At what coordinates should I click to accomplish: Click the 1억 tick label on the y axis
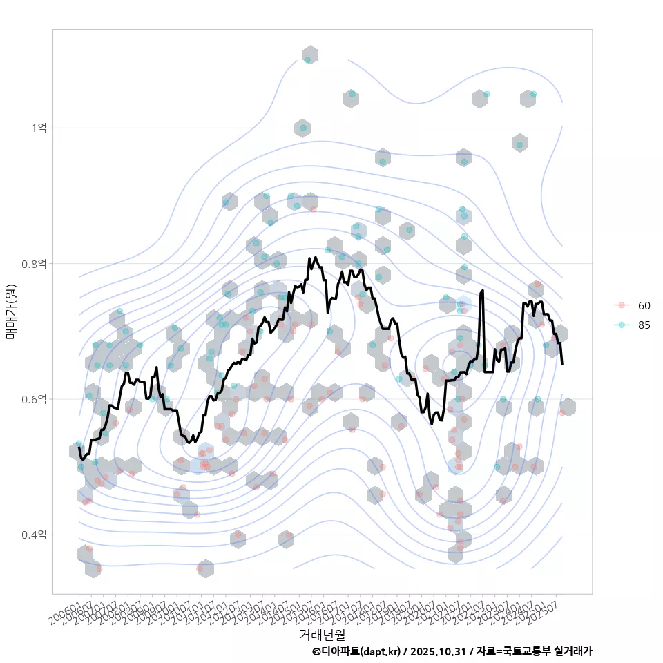point(39,128)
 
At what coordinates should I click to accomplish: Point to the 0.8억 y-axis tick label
point(36,263)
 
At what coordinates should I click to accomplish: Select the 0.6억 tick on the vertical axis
point(36,399)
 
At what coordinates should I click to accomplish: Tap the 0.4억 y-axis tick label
point(36,535)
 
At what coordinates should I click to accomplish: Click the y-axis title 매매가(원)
point(11,311)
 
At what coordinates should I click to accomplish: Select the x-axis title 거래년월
point(322,633)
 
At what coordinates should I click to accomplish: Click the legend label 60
point(644,305)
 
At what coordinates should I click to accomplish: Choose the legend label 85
point(644,325)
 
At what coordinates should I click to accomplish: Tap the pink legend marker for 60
point(622,305)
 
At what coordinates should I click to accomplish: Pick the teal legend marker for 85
point(622,325)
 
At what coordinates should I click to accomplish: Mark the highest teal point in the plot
point(307,60)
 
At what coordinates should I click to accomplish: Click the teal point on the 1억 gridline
point(302,128)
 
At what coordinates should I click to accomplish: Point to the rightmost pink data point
point(563,412)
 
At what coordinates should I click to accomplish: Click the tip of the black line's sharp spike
point(482,291)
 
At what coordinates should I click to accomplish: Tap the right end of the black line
point(562,364)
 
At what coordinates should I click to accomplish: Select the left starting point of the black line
point(79,448)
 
